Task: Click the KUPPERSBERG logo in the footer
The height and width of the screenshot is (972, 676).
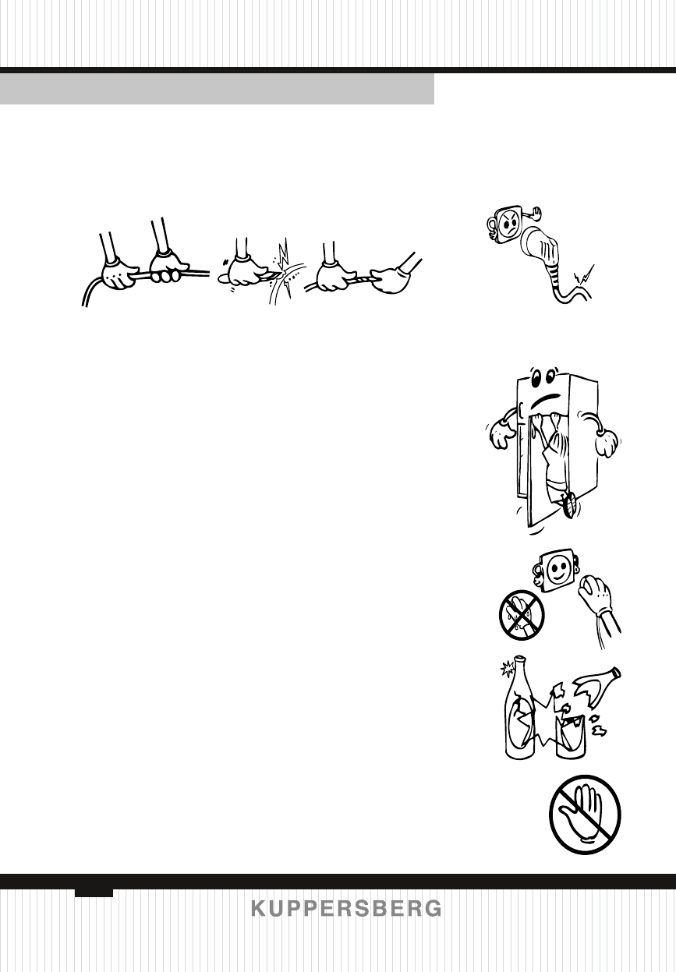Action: pyautogui.click(x=346, y=909)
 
